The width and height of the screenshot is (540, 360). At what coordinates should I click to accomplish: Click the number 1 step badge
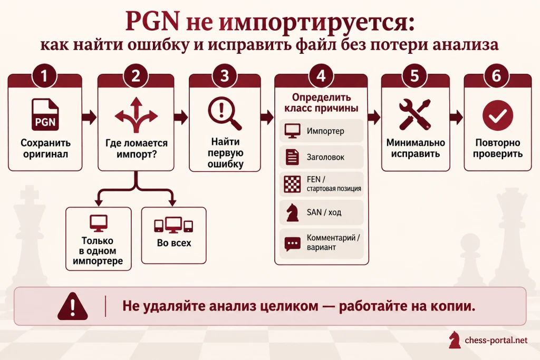pyautogui.click(x=44, y=76)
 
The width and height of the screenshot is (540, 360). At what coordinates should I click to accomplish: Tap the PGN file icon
pyautogui.click(x=45, y=114)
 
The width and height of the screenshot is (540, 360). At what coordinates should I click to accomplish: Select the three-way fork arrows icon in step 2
pyautogui.click(x=136, y=114)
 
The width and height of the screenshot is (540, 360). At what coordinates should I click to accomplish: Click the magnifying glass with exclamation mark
pyautogui.click(x=224, y=113)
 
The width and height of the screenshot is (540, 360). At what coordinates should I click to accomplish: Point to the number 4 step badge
pyautogui.click(x=321, y=76)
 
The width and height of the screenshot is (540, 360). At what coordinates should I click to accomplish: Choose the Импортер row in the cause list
pyautogui.click(x=321, y=131)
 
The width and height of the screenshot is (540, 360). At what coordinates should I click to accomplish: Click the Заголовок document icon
pyautogui.click(x=292, y=157)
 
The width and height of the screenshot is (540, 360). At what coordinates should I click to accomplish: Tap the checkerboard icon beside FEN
pyautogui.click(x=292, y=184)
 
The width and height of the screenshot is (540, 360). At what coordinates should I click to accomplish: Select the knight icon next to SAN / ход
pyautogui.click(x=292, y=212)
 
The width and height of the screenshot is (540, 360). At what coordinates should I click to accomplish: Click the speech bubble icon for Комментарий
pyautogui.click(x=292, y=244)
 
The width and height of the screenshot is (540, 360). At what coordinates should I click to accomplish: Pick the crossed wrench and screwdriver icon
pyautogui.click(x=415, y=114)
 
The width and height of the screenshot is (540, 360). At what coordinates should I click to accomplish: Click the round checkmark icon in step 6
pyautogui.click(x=498, y=115)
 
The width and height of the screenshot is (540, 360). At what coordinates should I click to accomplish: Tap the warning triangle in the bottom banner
pyautogui.click(x=73, y=306)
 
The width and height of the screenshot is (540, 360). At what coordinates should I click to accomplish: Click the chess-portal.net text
pyautogui.click(x=496, y=340)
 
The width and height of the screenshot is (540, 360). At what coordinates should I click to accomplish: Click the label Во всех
pyautogui.click(x=174, y=243)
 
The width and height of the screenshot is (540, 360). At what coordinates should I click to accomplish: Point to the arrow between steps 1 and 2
pyautogui.click(x=89, y=117)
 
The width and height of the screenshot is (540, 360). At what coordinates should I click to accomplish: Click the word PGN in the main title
pyautogui.click(x=152, y=21)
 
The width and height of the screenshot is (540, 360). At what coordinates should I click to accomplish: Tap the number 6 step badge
pyautogui.click(x=496, y=76)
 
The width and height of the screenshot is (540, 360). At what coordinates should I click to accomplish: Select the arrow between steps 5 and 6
pyautogui.click(x=456, y=117)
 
